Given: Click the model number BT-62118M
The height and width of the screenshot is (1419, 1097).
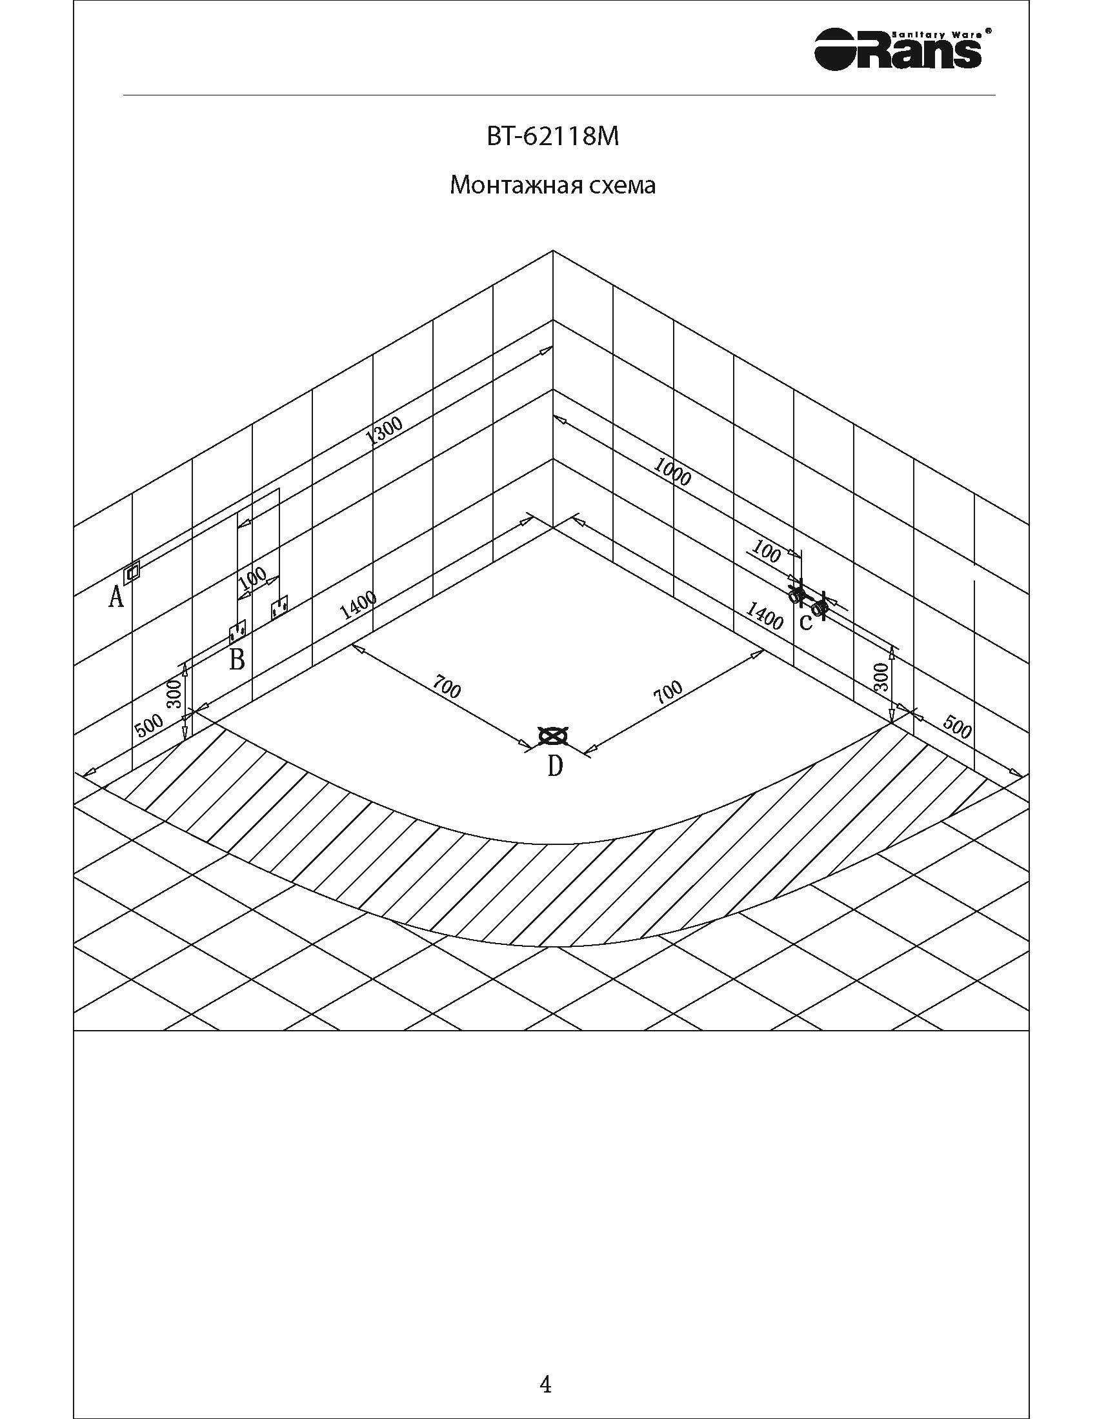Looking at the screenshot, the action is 552,137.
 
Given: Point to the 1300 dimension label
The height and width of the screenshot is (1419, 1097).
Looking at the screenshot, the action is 385,430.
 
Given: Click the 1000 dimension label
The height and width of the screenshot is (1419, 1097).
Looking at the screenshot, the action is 672,472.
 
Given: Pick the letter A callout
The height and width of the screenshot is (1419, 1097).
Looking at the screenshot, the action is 116,596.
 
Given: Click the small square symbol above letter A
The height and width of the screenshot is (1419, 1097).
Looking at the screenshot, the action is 132,571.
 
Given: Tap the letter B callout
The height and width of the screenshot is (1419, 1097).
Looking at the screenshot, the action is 237,659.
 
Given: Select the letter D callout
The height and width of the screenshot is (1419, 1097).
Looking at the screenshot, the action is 554,766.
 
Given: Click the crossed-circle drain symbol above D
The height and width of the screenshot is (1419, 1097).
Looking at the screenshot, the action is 553,736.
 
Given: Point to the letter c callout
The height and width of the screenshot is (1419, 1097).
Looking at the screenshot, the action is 805,622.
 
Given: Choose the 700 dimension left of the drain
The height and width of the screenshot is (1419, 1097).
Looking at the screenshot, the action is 446,689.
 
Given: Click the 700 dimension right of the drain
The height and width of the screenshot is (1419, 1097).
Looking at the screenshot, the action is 668,692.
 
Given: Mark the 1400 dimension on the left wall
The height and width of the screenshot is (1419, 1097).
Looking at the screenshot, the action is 357,606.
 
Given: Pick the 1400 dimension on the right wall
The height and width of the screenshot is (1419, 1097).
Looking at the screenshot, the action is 764,615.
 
